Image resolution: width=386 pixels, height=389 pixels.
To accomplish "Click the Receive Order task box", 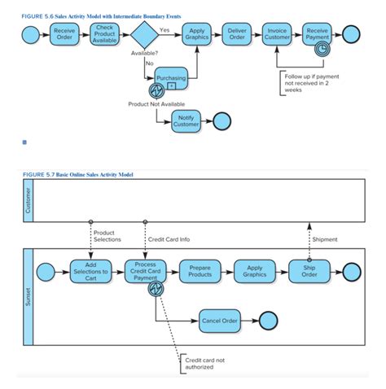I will tap(64, 34).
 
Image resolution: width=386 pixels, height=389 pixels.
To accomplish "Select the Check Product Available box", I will tap(104, 34).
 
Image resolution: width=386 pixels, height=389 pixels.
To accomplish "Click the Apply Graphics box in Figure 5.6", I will tap(197, 34).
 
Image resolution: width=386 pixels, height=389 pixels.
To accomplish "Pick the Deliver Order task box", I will tap(237, 34).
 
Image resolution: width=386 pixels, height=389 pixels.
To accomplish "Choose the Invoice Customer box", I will tap(277, 34).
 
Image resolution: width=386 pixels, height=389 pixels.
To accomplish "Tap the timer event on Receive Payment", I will tap(322, 48).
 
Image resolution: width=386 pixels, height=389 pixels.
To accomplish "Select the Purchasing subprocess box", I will tap(171, 78).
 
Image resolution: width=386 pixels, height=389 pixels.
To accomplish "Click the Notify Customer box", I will tap(186, 120).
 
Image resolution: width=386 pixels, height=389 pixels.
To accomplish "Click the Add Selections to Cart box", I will tap(90, 272).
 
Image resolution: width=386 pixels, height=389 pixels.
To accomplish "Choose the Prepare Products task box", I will tap(200, 272).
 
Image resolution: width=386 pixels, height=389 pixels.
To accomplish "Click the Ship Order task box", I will tap(309, 272).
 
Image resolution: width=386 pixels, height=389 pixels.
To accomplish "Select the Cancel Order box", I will tap(220, 321).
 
